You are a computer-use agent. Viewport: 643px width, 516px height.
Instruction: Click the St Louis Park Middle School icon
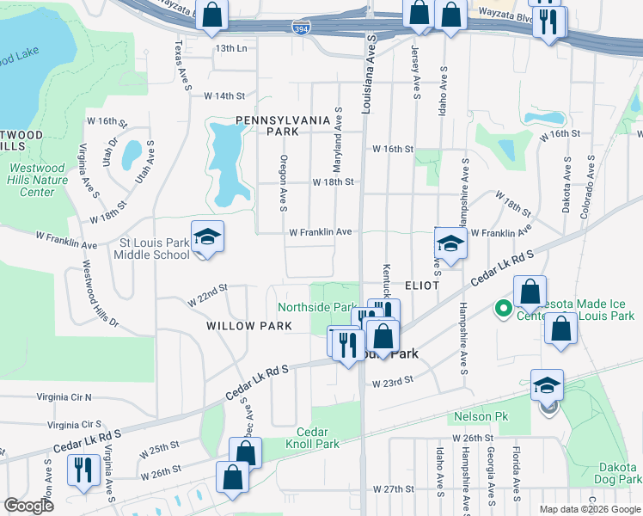[x=207, y=236]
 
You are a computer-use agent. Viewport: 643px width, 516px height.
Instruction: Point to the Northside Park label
[x=316, y=307]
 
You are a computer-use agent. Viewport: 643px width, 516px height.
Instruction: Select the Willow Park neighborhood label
[x=249, y=326]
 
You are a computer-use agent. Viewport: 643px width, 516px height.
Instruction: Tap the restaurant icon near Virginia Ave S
[x=83, y=470]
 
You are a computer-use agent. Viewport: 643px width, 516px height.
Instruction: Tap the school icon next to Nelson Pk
[x=547, y=386]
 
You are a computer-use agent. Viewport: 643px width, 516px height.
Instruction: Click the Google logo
[x=29, y=506]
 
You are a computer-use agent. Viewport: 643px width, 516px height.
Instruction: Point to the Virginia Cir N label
[x=64, y=397]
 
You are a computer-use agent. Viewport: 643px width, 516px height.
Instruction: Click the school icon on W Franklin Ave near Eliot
[x=450, y=242]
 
